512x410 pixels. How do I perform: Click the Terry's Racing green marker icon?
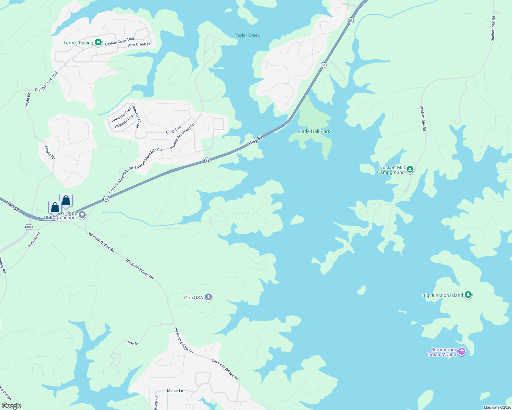pyautogui.click(x=98, y=42)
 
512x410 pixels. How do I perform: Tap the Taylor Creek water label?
pyautogui.click(x=247, y=35)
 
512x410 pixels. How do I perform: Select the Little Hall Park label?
pyautogui.click(x=315, y=131)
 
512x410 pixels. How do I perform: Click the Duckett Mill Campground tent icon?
pyautogui.click(x=410, y=169)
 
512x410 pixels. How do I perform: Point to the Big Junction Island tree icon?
pyautogui.click(x=468, y=295)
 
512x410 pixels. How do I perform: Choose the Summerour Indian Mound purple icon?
pyautogui.click(x=462, y=351)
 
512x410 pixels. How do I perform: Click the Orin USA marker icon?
pyautogui.click(x=208, y=297)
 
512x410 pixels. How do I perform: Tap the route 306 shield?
pyautogui.click(x=29, y=227)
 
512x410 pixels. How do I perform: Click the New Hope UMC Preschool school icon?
pyautogui.click(x=82, y=215)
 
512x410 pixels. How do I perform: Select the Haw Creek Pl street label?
pyautogui.click(x=139, y=44)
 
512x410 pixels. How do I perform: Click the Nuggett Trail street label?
pyautogui.click(x=124, y=121)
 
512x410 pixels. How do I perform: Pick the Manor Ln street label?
pyautogui.click(x=175, y=391)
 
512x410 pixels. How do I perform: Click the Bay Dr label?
pyautogui.click(x=133, y=343)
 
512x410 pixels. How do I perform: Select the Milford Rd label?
pyautogui.click(x=34, y=240)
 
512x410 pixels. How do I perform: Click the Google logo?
pyautogui.click(x=12, y=406)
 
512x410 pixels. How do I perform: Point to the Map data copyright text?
pyautogui.click(x=497, y=407)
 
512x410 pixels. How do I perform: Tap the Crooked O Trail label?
pyautogui.click(x=136, y=115)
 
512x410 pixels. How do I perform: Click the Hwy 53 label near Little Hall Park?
pyautogui.click(x=255, y=140)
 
